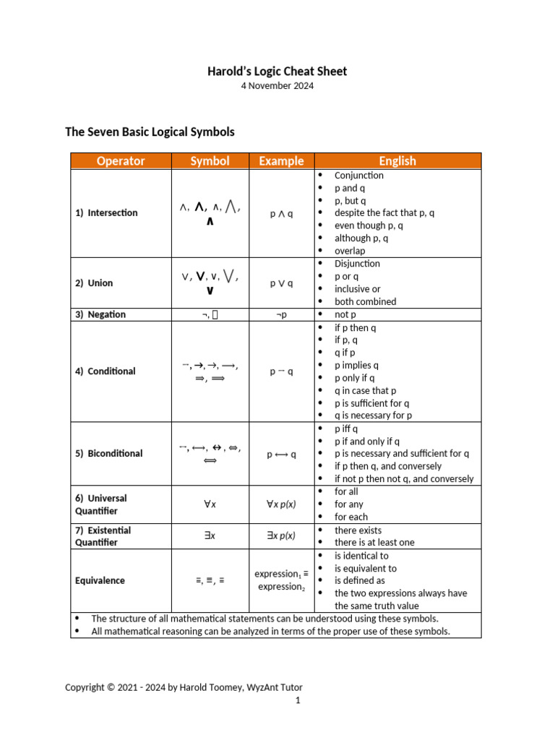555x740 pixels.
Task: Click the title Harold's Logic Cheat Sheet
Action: coord(277,71)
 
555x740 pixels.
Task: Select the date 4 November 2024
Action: coord(277,86)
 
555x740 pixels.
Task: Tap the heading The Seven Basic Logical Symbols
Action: coord(150,132)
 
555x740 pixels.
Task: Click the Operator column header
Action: coord(121,161)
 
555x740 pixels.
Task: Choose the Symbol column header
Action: coord(210,161)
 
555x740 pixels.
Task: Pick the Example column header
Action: coord(281,161)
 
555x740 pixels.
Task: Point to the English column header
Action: coord(397,161)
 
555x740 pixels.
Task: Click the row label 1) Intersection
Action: coord(106,213)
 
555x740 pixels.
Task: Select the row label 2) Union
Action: coord(94,283)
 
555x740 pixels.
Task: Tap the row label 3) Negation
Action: coord(100,314)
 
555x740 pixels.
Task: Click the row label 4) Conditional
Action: coord(106,371)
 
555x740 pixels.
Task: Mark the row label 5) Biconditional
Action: coord(109,454)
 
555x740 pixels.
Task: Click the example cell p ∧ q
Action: coord(281,214)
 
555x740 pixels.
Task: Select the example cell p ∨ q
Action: coord(281,283)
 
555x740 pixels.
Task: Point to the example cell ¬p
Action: coord(281,315)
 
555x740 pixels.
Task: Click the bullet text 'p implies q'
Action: coord(356,365)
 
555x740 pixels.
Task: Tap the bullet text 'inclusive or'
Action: coord(357,289)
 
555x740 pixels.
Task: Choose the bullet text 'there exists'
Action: coord(358,530)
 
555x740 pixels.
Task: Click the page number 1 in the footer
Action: coord(298,700)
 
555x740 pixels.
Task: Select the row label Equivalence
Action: coord(100,580)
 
